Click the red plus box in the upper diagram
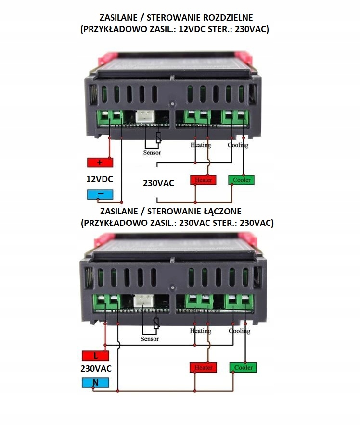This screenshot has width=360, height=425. pos(100,162)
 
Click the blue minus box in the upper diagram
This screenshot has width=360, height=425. pos(100,195)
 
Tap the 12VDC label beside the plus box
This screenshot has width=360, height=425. pos(100,179)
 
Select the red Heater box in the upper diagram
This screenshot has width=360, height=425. pos(203,180)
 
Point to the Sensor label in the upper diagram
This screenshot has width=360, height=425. pos(152,152)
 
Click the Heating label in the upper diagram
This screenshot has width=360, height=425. pos(200,145)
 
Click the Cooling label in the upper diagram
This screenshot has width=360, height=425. pos(238,145)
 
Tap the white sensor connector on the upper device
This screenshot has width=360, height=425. pos(143,116)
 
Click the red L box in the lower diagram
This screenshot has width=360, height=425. pos(95,356)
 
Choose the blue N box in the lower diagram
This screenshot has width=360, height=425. pos(95,383)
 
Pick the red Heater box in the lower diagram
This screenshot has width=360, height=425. pos(203,368)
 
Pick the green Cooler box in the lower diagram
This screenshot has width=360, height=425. pos(243,368)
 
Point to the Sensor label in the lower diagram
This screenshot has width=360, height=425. pos(150,339)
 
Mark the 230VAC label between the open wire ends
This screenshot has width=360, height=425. pos(159,183)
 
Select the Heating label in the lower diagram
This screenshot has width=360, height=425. pos(200,331)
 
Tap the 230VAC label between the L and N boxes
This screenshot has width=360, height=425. pos(96,369)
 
